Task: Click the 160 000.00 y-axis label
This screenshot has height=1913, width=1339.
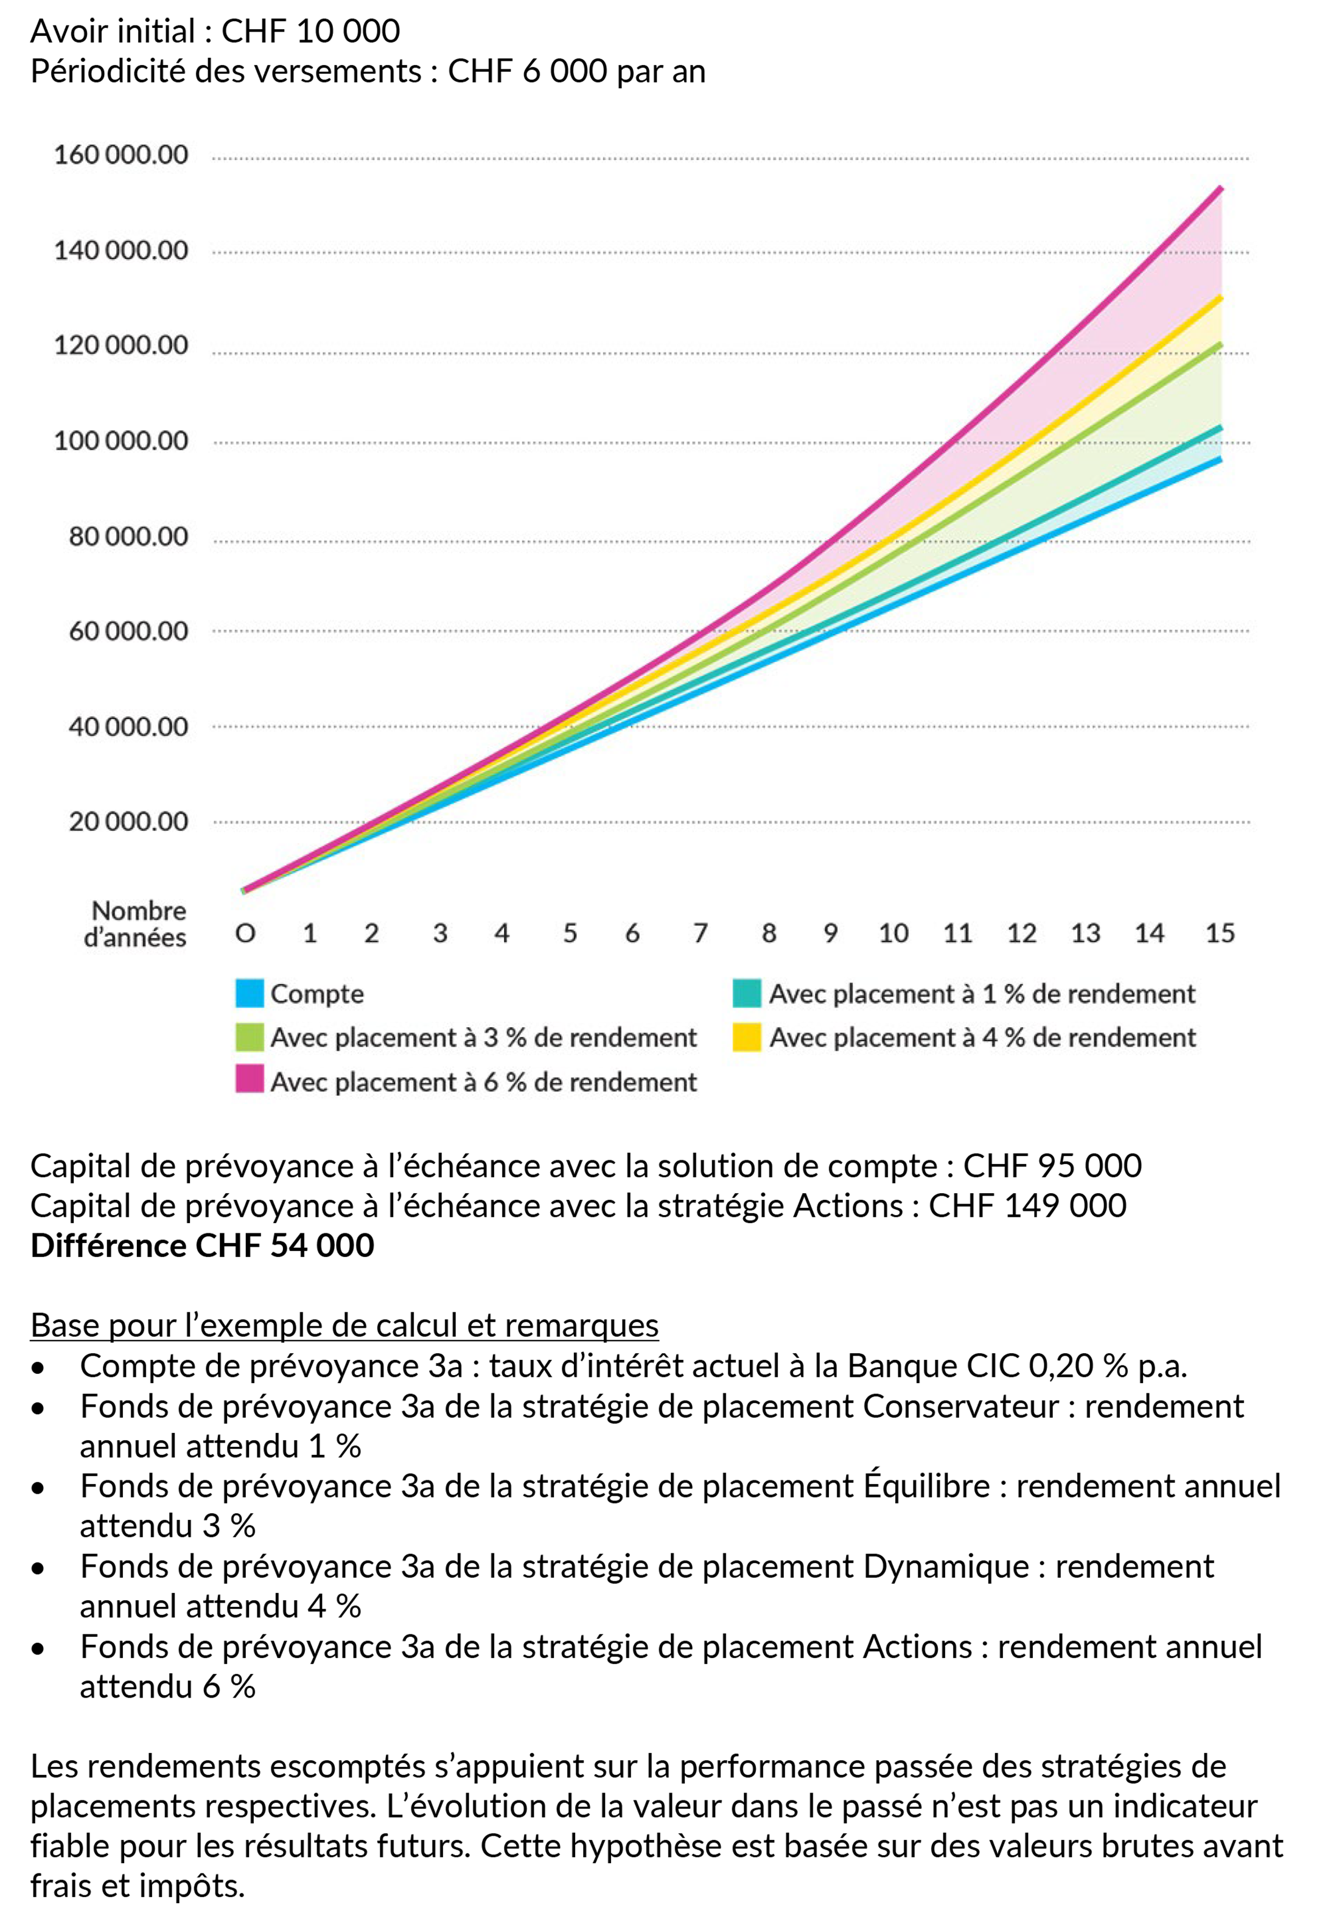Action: (121, 155)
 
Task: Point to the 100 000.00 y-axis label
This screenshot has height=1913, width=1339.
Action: (121, 441)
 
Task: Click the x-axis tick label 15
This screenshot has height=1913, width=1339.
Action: (1220, 933)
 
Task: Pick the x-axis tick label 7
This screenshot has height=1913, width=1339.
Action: (701, 933)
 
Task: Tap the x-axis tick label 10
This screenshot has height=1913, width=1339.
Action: (893, 933)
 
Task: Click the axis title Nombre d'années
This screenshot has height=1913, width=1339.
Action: (136, 924)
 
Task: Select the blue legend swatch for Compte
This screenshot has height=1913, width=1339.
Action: (249, 993)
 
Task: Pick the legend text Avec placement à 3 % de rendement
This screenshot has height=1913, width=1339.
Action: (483, 1037)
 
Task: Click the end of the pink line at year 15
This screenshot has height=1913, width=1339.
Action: (1221, 188)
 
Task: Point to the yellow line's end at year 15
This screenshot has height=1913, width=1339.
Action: (1221, 296)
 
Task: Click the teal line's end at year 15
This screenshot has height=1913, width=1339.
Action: (1221, 427)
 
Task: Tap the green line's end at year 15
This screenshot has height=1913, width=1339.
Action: (1221, 343)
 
